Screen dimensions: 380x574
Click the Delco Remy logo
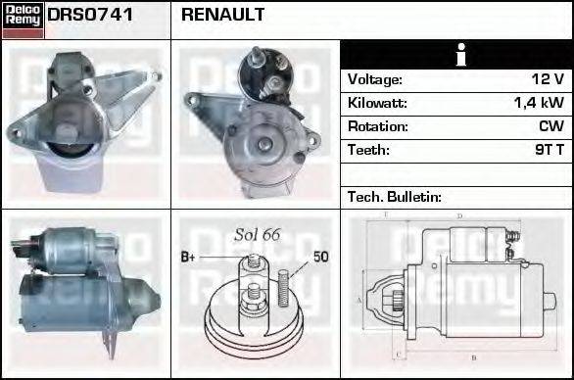(x=23, y=19)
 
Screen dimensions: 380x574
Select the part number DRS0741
(x=90, y=15)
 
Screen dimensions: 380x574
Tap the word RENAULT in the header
(x=222, y=15)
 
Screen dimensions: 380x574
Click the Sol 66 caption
(x=258, y=235)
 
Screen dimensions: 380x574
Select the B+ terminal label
(x=190, y=258)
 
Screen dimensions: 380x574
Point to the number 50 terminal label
(x=320, y=258)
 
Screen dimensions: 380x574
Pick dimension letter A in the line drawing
(x=359, y=300)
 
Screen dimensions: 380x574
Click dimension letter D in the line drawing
(x=459, y=215)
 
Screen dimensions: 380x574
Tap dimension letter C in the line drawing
(x=396, y=354)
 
